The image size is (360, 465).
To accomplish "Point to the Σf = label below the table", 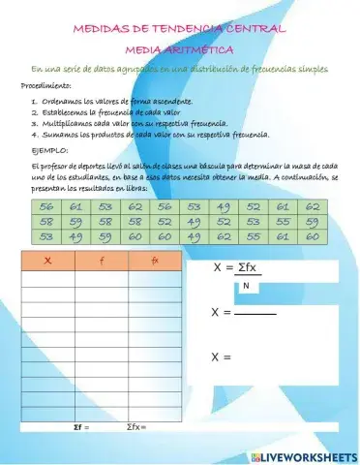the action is pyautogui.click(x=81, y=426).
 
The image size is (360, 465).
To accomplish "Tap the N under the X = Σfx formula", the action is pyautogui.click(x=246, y=287).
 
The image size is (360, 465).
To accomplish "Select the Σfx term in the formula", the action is pyautogui.click(x=255, y=268).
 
